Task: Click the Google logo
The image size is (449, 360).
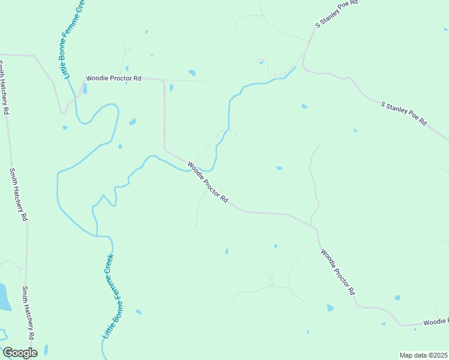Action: coord(20,353)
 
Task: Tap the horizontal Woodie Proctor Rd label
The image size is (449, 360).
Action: coord(113,78)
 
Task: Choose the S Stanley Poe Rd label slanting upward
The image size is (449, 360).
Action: coord(337,14)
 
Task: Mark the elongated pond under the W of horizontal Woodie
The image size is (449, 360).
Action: coord(85,89)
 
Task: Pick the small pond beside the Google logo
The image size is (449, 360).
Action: coord(46,350)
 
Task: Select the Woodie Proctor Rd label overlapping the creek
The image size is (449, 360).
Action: coord(208,181)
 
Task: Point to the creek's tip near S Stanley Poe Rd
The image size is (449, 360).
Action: coord(295,67)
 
